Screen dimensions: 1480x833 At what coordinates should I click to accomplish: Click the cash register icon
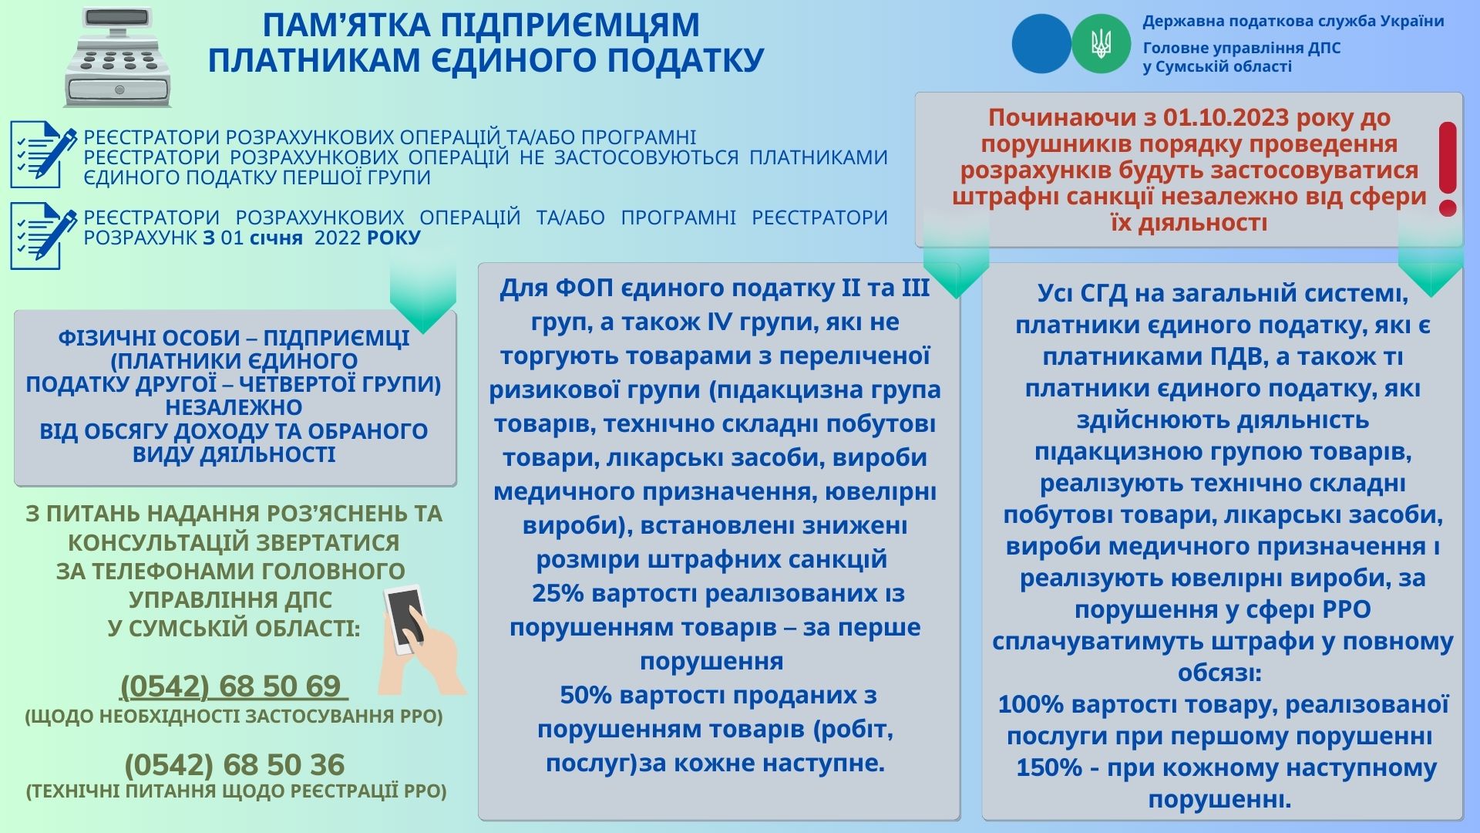click(117, 58)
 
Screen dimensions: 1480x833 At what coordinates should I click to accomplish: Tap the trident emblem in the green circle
click(1101, 44)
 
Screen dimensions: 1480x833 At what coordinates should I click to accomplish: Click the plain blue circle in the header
click(1041, 44)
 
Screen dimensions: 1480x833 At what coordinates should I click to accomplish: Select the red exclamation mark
click(1448, 168)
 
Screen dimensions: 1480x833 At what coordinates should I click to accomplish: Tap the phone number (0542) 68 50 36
click(234, 764)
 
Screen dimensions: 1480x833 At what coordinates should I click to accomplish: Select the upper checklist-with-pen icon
click(43, 154)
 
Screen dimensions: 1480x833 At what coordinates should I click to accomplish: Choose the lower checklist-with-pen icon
click(43, 236)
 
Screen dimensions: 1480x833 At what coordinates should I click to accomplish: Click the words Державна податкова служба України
click(1293, 21)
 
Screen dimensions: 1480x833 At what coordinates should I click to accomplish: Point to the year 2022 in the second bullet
click(338, 238)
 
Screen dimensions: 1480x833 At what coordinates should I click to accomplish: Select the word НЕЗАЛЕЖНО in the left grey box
click(234, 407)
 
